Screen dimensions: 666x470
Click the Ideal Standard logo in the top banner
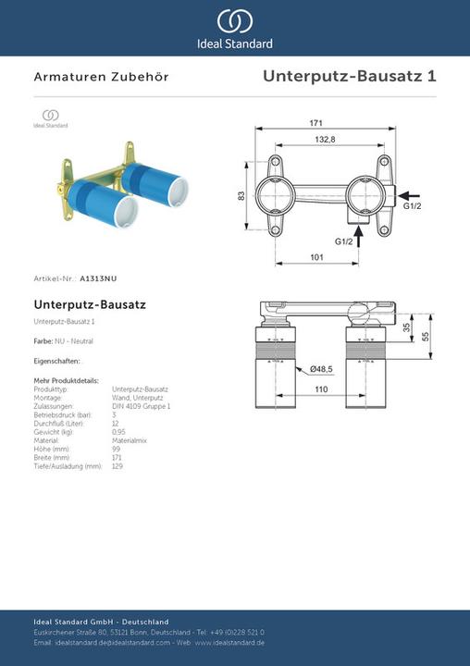click(234, 28)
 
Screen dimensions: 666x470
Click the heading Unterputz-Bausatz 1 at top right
click(349, 77)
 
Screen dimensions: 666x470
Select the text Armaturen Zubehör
click(101, 78)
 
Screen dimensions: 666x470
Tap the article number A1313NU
click(99, 277)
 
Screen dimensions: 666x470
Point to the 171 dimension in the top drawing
click(315, 123)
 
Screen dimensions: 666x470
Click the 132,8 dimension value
click(324, 139)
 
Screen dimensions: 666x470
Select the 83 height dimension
click(241, 195)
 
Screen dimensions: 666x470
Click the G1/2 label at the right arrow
click(412, 206)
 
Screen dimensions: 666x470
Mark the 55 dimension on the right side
click(427, 338)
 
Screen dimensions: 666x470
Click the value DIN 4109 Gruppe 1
click(142, 406)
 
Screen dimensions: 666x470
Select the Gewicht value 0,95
click(118, 432)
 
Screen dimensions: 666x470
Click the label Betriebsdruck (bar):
click(61, 414)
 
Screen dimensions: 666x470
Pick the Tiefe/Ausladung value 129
click(117, 466)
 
